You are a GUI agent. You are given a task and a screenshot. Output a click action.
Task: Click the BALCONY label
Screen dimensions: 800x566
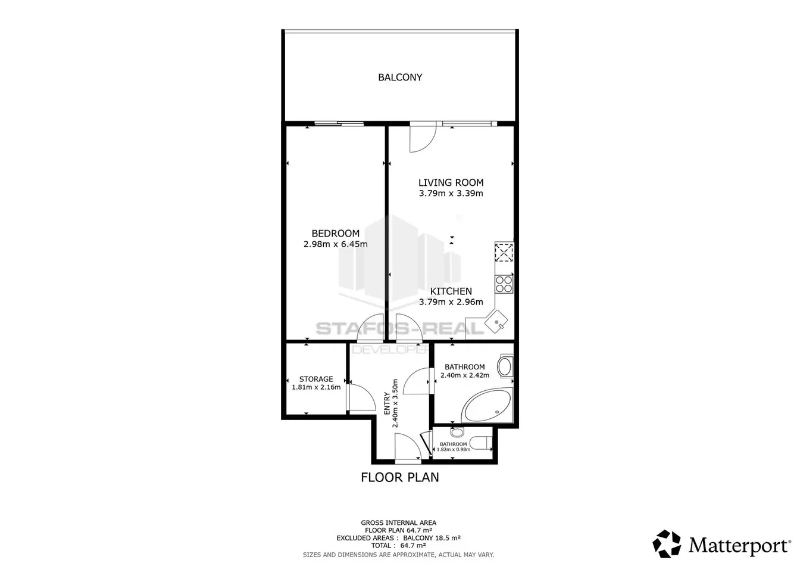400,77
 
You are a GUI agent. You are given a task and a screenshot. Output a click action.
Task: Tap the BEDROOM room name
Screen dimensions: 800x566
335,234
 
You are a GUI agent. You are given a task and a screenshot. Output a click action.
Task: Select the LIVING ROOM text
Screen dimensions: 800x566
451,183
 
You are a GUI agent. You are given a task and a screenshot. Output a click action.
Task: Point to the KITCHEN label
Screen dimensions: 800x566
451,291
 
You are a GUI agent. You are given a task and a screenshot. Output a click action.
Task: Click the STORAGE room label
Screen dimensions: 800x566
316,379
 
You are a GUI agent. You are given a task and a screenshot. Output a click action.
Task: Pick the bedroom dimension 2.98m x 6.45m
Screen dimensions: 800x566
335,244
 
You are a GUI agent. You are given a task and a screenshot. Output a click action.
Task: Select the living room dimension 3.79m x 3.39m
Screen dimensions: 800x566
451,194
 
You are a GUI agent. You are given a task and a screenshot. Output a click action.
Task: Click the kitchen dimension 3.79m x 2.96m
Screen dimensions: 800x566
451,302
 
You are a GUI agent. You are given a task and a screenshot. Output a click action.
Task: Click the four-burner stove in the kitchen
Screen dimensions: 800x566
504,284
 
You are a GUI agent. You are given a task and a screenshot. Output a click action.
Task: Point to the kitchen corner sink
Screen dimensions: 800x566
496,322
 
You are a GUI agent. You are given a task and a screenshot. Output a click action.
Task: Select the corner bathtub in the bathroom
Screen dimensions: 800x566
487,406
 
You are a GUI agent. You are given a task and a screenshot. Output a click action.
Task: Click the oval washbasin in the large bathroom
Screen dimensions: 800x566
505,367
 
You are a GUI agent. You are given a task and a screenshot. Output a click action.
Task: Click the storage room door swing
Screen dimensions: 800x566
361,397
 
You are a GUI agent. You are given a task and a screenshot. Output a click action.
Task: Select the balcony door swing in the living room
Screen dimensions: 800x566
423,137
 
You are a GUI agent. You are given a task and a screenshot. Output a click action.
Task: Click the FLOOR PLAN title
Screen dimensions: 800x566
399,477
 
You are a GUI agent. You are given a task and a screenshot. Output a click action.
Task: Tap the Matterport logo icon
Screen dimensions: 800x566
667,544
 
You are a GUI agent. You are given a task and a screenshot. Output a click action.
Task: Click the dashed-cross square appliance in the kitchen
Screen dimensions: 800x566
504,253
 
